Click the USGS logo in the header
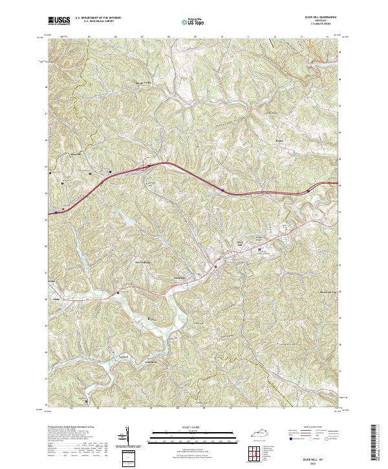[59, 20]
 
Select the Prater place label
[279, 138]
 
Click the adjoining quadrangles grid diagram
[255, 452]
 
